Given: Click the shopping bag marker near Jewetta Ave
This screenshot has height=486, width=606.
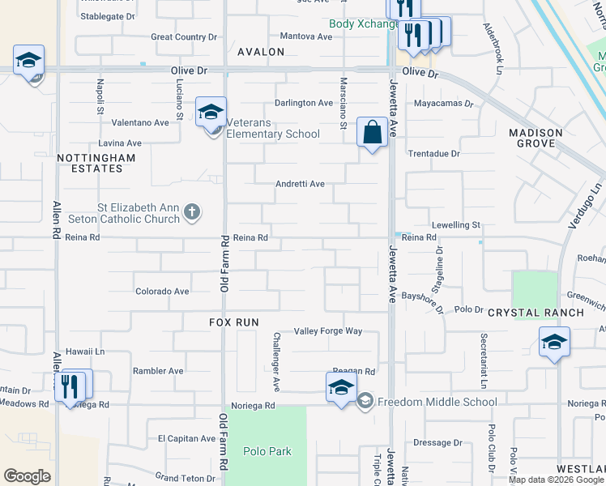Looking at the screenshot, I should [x=373, y=132].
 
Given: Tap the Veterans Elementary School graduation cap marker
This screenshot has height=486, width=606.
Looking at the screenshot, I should [x=211, y=112].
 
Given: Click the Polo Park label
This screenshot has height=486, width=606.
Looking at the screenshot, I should [x=267, y=451].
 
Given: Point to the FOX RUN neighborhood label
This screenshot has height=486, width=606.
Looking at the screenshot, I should [x=233, y=322].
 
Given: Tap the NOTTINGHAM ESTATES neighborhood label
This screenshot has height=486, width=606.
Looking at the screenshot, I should [x=90, y=162].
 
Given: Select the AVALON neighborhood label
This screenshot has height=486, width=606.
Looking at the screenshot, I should [x=261, y=52].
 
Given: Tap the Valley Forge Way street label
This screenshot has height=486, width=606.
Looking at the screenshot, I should [x=328, y=331].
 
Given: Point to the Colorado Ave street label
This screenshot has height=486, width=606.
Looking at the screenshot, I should [x=162, y=292].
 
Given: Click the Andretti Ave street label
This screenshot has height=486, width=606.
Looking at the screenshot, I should [x=300, y=184].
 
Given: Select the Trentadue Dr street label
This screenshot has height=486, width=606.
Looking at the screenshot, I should [x=433, y=153].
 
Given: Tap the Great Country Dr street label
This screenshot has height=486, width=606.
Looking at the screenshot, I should [x=185, y=37].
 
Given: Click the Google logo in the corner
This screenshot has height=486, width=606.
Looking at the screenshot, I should [x=27, y=476].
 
